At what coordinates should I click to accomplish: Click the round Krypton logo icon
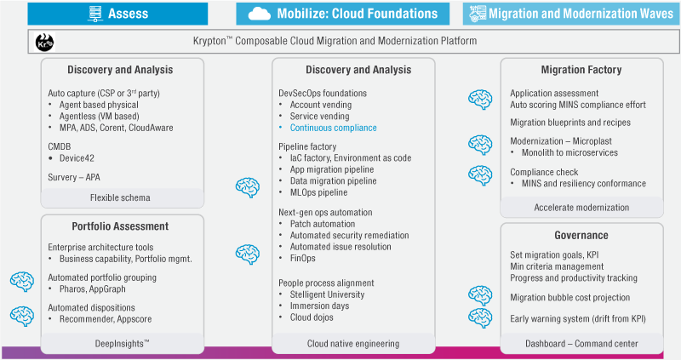click(x=43, y=42)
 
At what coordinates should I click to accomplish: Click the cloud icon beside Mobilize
click(x=260, y=14)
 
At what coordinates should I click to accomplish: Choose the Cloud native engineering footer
click(x=352, y=343)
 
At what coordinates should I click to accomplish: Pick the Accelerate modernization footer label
click(x=581, y=207)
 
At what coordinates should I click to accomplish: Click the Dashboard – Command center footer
click(x=581, y=343)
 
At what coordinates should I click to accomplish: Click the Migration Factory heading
click(x=581, y=70)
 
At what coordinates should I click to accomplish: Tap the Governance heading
click(x=581, y=235)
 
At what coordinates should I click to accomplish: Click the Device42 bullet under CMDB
click(x=83, y=157)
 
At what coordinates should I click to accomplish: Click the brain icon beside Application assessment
click(x=480, y=99)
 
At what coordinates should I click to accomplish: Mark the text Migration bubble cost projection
click(x=570, y=297)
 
